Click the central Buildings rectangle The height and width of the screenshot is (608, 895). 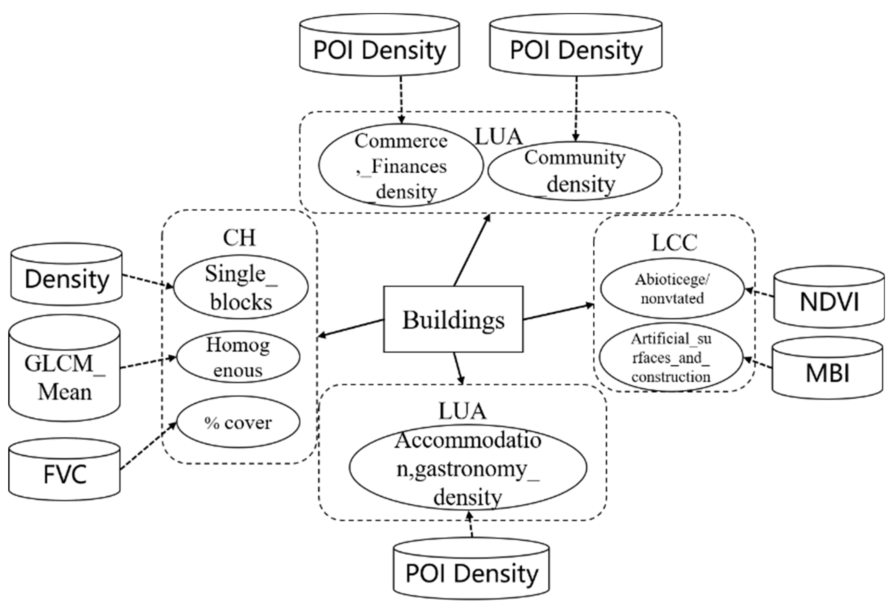coord(453,319)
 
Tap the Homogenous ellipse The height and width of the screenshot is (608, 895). coord(238,357)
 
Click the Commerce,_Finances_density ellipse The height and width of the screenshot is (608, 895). coord(401,166)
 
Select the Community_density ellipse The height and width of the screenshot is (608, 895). coord(575,171)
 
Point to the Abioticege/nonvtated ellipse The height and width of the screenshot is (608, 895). coord(672,288)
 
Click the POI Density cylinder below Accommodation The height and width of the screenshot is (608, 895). coord(471,574)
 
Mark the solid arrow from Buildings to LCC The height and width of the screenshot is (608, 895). coord(558,312)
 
